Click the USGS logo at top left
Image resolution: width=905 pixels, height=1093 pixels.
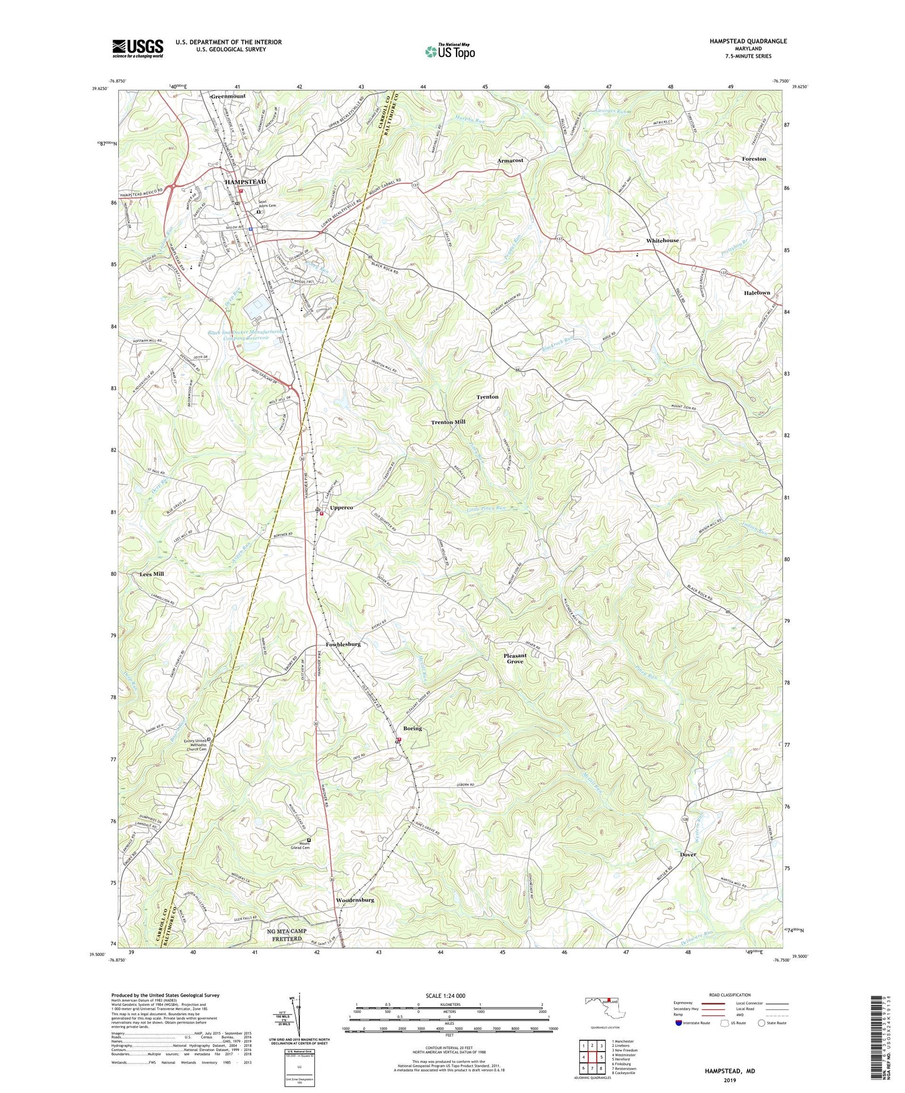pos(138,48)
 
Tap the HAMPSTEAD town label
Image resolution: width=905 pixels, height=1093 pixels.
pos(245,182)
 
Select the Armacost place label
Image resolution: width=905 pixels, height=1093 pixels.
pos(510,161)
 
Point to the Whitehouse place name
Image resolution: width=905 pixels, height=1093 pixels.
pos(662,240)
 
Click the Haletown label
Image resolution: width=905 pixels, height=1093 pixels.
pos(757,293)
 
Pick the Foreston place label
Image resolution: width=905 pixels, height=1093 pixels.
pos(753,159)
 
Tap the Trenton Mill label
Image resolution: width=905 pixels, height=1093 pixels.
pos(448,423)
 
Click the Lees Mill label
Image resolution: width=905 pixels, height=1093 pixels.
pos(151,573)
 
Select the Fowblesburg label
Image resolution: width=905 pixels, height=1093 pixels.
pos(343,644)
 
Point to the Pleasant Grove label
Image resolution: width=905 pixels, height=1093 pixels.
pos(515,659)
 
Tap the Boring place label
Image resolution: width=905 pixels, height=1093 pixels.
pos(412,729)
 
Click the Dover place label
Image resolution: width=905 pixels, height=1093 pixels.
pos(688,854)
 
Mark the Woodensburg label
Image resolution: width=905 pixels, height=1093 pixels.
pos(354,900)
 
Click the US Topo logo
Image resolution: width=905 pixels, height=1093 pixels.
pos(450,51)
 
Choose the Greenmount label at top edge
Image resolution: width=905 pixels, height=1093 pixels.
pos(228,96)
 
